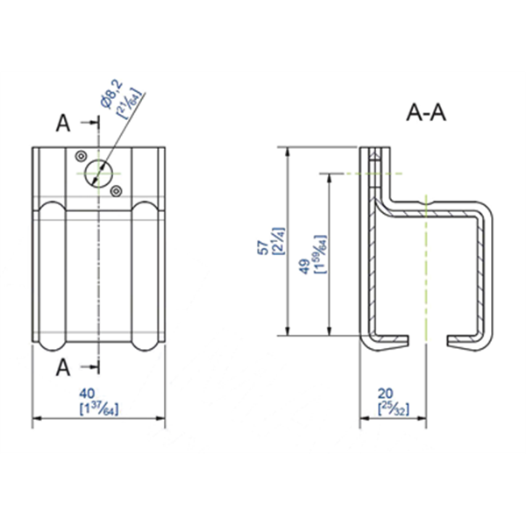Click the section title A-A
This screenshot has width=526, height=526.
tap(427, 113)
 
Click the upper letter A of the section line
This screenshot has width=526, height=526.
tap(62, 123)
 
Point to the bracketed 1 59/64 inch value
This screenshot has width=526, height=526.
tap(316, 255)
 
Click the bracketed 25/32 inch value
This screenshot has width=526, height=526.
tap(386, 409)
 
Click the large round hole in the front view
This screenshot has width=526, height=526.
tap(98, 172)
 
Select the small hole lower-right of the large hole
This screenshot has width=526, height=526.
tap(117, 188)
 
